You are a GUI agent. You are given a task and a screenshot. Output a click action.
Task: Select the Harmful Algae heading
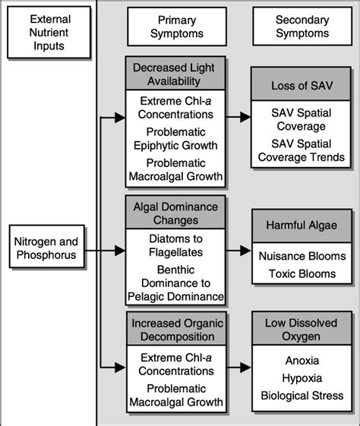[300, 226]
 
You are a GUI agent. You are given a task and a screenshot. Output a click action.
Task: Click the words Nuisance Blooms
[300, 256]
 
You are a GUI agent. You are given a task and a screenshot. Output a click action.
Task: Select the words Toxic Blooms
[300, 273]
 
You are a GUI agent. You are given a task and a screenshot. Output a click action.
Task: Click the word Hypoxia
[300, 378]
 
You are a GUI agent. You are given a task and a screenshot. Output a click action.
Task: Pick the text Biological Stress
[300, 395]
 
